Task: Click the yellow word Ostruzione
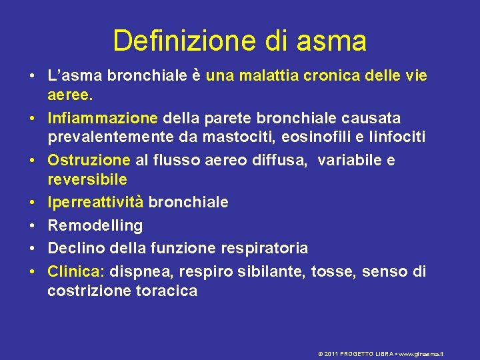89,161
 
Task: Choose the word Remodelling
95,225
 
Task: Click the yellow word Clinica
76,271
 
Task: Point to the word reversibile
87,180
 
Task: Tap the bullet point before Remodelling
31,225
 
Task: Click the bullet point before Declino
31,248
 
